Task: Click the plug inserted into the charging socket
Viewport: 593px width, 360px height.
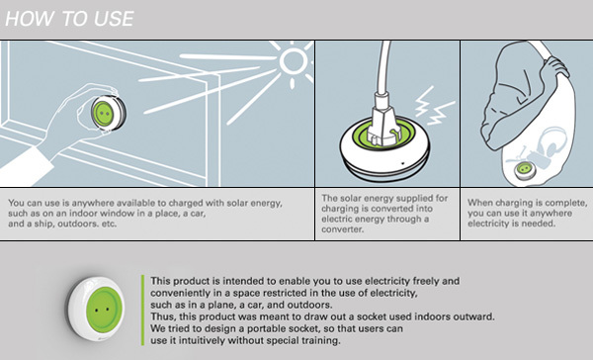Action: [x=383, y=119]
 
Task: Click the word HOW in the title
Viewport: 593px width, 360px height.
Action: [x=28, y=18]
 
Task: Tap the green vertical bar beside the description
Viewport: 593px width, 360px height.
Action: [x=144, y=310]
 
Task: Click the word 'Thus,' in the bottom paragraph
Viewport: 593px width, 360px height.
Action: [x=164, y=316]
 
